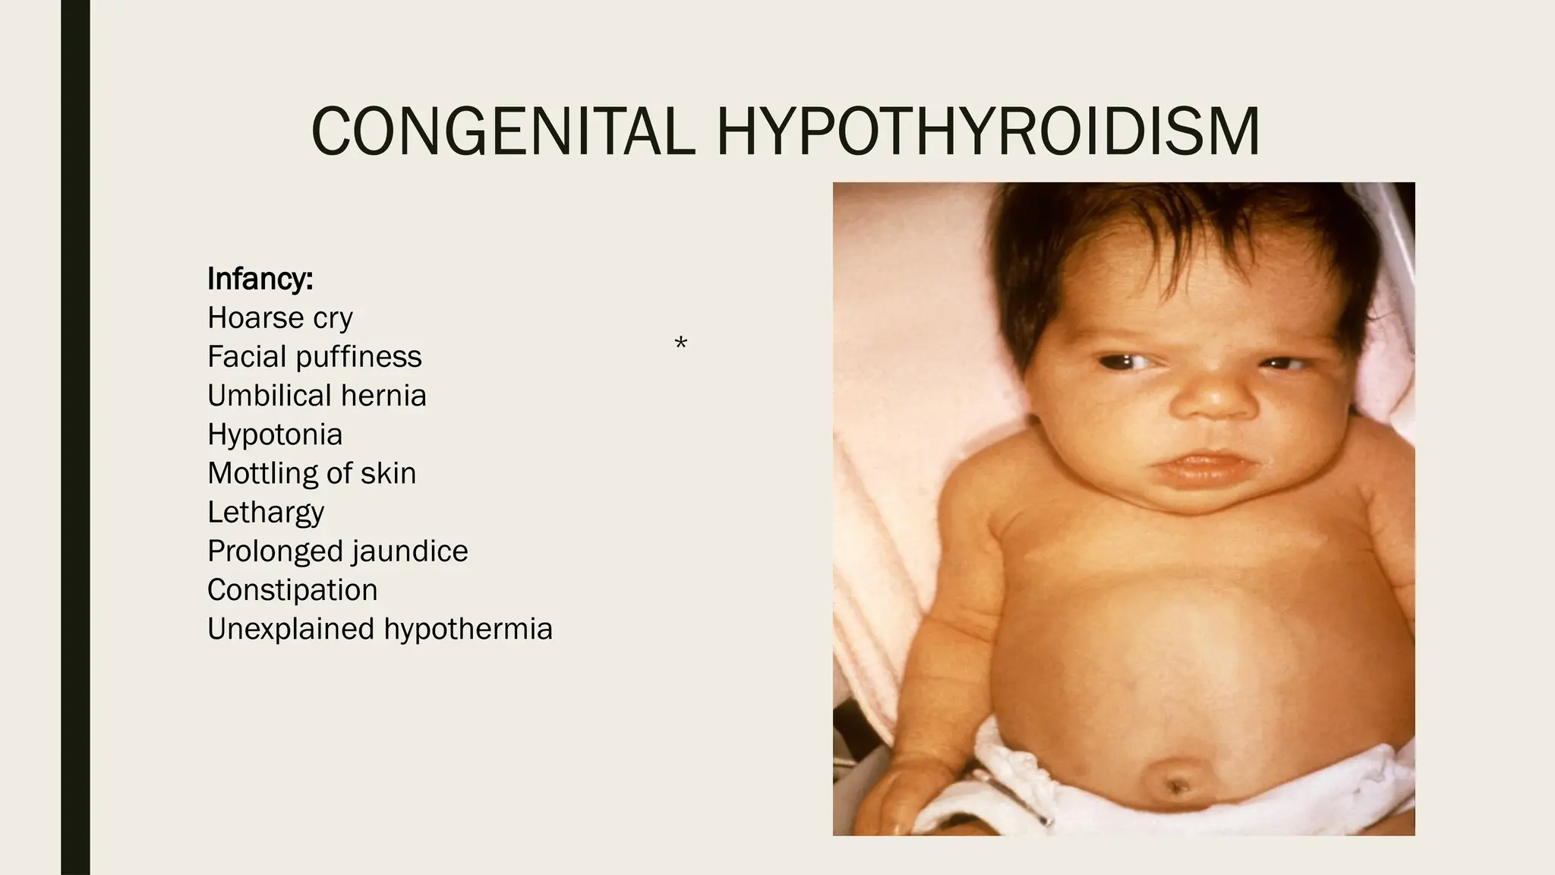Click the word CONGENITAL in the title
tap(503, 131)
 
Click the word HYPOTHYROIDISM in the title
tap(988, 131)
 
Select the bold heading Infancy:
tap(260, 279)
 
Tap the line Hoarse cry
tap(279, 317)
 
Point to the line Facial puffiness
tap(314, 356)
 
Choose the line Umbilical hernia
tap(317, 395)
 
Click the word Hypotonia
tap(275, 434)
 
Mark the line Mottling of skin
tap(311, 473)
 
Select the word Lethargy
tap(266, 512)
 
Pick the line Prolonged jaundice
tap(337, 551)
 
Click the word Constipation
tap(292, 590)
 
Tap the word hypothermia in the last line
tap(468, 629)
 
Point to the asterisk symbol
tap(680, 343)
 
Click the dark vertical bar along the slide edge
tap(75, 437)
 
